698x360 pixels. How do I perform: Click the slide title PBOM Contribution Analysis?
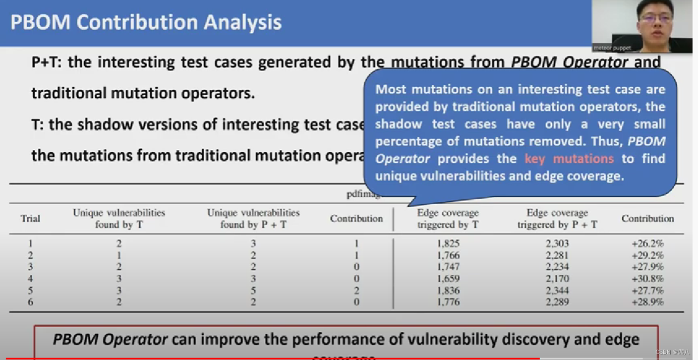pyautogui.click(x=146, y=23)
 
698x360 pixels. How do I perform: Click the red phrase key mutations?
pyautogui.click(x=569, y=159)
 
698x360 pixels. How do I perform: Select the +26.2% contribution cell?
pyautogui.click(x=648, y=244)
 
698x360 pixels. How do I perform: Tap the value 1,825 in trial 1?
pyautogui.click(x=448, y=244)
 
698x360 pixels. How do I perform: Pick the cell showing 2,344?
pyautogui.click(x=557, y=290)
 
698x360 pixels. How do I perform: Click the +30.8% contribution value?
pyautogui.click(x=648, y=279)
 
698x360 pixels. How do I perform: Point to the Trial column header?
pyautogui.click(x=30, y=219)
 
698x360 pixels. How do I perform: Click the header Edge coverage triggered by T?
pyautogui.click(x=448, y=219)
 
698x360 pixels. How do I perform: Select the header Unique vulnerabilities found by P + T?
pyautogui.click(x=253, y=219)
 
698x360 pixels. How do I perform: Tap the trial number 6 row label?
pyautogui.click(x=30, y=302)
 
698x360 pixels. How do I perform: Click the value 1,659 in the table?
pyautogui.click(x=448, y=279)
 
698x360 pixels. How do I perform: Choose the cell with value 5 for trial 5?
pyautogui.click(x=253, y=290)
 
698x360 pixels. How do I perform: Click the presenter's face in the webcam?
pyautogui.click(x=655, y=19)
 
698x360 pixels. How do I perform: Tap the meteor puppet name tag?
pyautogui.click(x=612, y=48)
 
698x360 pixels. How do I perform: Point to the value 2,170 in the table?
pyautogui.click(x=557, y=279)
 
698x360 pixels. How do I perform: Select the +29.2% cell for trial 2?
pyautogui.click(x=648, y=255)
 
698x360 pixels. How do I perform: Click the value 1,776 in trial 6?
pyautogui.click(x=448, y=302)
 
